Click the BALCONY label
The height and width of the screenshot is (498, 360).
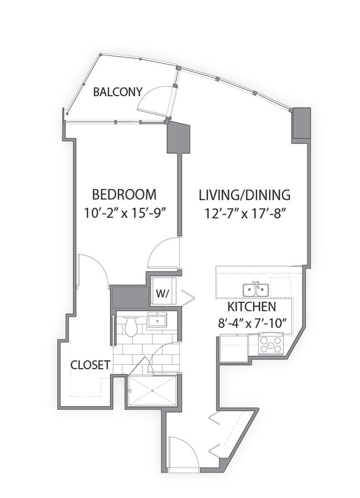(x=117, y=92)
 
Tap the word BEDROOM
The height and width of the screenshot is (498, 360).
(x=124, y=195)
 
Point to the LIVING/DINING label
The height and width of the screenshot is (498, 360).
(x=244, y=195)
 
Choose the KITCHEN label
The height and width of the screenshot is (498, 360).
(x=251, y=307)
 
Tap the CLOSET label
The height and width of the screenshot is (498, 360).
(x=90, y=365)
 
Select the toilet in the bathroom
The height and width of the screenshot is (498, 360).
(x=131, y=326)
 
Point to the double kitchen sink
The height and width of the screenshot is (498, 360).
(x=256, y=289)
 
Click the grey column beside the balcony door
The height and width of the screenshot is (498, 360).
(x=178, y=138)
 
